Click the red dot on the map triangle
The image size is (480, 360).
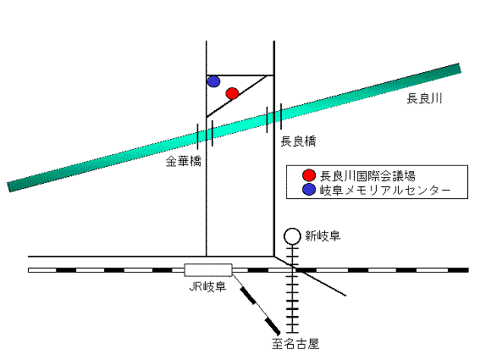tap(232, 93)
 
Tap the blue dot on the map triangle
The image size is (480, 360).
tap(213, 81)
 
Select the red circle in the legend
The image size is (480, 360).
tap(309, 175)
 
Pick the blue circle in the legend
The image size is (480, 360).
tap(309, 190)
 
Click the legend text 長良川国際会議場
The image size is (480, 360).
tap(367, 176)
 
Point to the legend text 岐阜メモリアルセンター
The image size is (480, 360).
tap(385, 191)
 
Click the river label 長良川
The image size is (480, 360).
tap(424, 98)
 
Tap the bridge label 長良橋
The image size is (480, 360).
tap(298, 141)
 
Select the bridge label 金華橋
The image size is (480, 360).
tap(184, 162)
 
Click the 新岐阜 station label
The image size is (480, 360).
tap(323, 236)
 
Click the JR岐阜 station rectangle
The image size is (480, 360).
tap(208, 270)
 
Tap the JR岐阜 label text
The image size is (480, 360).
tap(208, 286)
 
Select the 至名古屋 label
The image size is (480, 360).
tap(295, 344)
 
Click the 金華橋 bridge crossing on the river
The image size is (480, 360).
tap(206, 134)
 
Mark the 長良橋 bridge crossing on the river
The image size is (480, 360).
tap(274, 116)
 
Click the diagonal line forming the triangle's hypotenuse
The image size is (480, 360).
tap(236, 97)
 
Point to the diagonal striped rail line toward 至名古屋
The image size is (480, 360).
tap(256, 304)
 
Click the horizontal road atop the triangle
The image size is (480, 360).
tap(240, 75)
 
